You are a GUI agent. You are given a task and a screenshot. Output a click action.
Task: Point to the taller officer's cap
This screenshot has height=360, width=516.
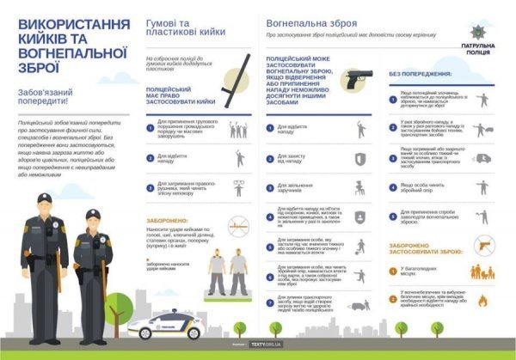(x=43, y=200)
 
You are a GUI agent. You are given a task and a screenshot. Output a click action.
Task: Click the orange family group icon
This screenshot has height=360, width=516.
(x=482, y=272)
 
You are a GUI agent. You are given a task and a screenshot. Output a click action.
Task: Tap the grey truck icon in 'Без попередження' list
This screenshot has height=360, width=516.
(x=482, y=159)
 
